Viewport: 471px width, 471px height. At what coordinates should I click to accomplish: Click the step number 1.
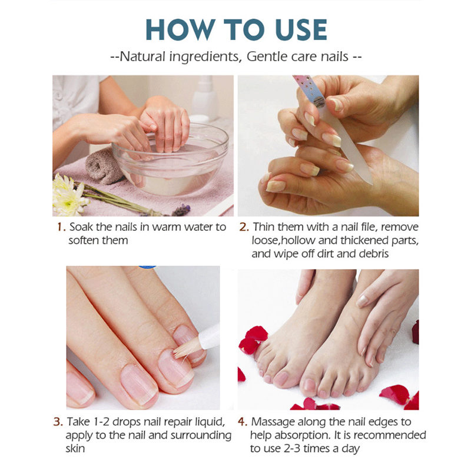(61, 227)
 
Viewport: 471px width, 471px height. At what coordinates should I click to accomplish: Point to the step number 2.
(244, 227)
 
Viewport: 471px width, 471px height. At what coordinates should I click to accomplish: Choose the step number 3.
(58, 422)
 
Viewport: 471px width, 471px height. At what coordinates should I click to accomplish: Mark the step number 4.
(242, 422)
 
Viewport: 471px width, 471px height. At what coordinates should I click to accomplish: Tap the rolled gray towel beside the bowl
(104, 166)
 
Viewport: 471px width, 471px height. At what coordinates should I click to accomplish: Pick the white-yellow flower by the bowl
(68, 195)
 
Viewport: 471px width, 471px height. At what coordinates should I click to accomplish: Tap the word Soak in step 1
(81, 227)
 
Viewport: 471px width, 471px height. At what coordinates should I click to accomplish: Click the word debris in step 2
(374, 254)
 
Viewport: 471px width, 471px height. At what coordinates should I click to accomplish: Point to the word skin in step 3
(75, 449)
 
